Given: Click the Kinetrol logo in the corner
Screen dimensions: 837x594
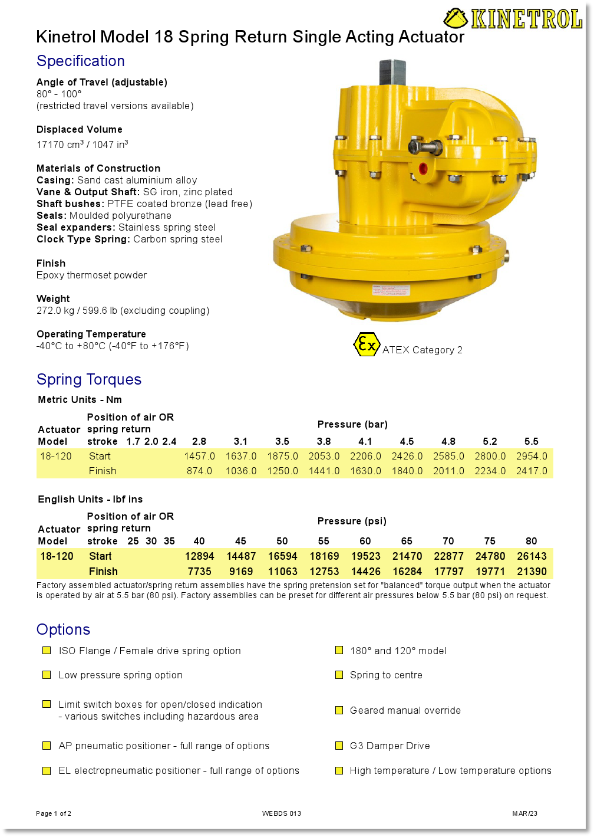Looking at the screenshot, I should pyautogui.click(x=513, y=19).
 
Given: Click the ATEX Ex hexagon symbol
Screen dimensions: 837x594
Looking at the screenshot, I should pyautogui.click(x=366, y=344).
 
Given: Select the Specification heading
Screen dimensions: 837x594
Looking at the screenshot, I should pyautogui.click(x=81, y=61).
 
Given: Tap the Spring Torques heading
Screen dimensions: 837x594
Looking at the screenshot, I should pyautogui.click(x=89, y=379).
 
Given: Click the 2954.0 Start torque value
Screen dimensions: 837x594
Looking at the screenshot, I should pyautogui.click(x=532, y=456).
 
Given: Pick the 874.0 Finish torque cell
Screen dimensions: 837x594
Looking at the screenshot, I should pyautogui.click(x=199, y=471).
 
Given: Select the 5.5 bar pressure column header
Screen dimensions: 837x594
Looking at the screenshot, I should pyautogui.click(x=532, y=441).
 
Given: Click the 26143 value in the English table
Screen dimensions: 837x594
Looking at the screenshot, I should pyautogui.click(x=532, y=556).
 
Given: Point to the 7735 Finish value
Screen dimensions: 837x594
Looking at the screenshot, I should pyautogui.click(x=199, y=572).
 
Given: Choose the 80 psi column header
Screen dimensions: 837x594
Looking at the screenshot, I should pyautogui.click(x=532, y=541).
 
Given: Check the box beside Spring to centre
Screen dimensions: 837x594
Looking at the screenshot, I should pyautogui.click(x=339, y=675).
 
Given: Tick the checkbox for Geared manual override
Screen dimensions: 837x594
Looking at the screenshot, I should pyautogui.click(x=339, y=710).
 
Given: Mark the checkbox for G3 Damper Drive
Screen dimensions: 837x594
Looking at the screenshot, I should pyautogui.click(x=339, y=746).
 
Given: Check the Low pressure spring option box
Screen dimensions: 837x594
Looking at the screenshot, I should pyautogui.click(x=47, y=675).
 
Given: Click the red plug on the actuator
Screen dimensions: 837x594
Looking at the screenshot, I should pyautogui.click(x=423, y=168).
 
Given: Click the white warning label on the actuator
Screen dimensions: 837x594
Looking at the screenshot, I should pyautogui.click(x=390, y=290).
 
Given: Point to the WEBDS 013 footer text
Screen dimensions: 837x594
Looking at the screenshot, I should pyautogui.click(x=282, y=813).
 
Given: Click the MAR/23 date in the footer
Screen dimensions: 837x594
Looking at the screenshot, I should pyautogui.click(x=524, y=813).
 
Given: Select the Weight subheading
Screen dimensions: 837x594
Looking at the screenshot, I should pyautogui.click(x=53, y=298).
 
